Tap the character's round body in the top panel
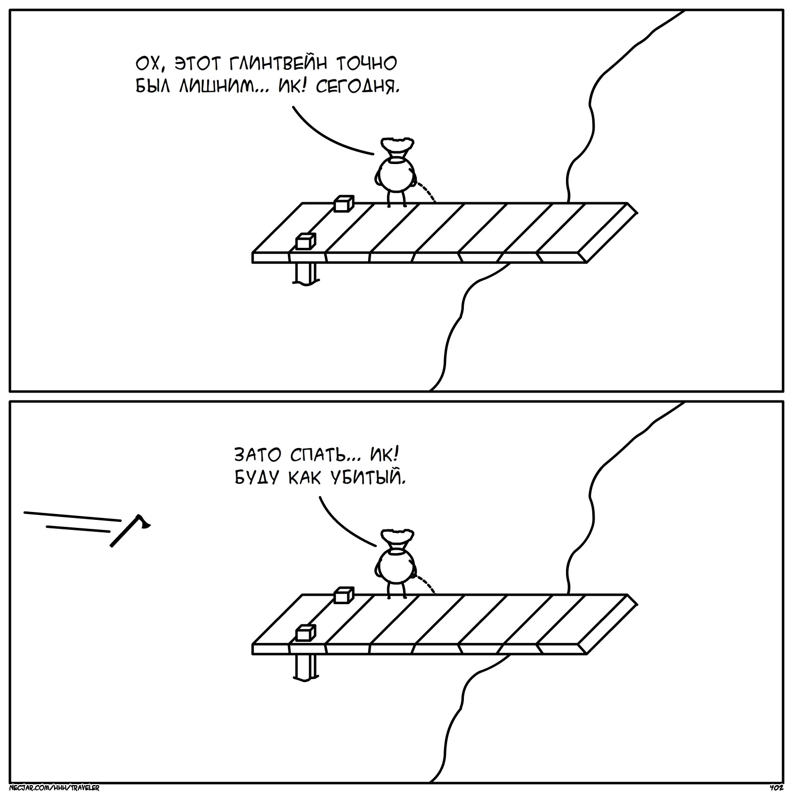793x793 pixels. point(395,175)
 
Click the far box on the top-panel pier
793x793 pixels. point(343,204)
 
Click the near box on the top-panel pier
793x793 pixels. point(305,241)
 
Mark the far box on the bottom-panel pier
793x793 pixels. point(343,595)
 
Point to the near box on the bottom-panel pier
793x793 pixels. point(305,633)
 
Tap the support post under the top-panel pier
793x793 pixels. point(305,274)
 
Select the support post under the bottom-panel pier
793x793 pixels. point(305,666)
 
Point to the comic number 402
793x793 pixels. point(776,788)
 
